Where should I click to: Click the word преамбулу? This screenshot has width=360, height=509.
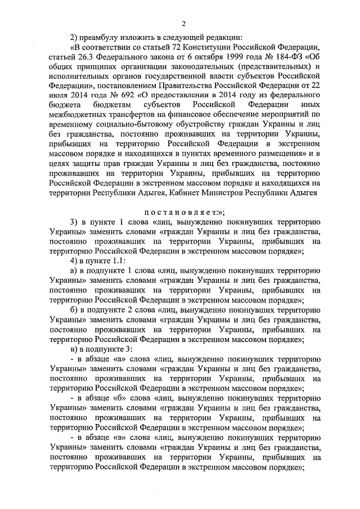[x=101, y=37]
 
